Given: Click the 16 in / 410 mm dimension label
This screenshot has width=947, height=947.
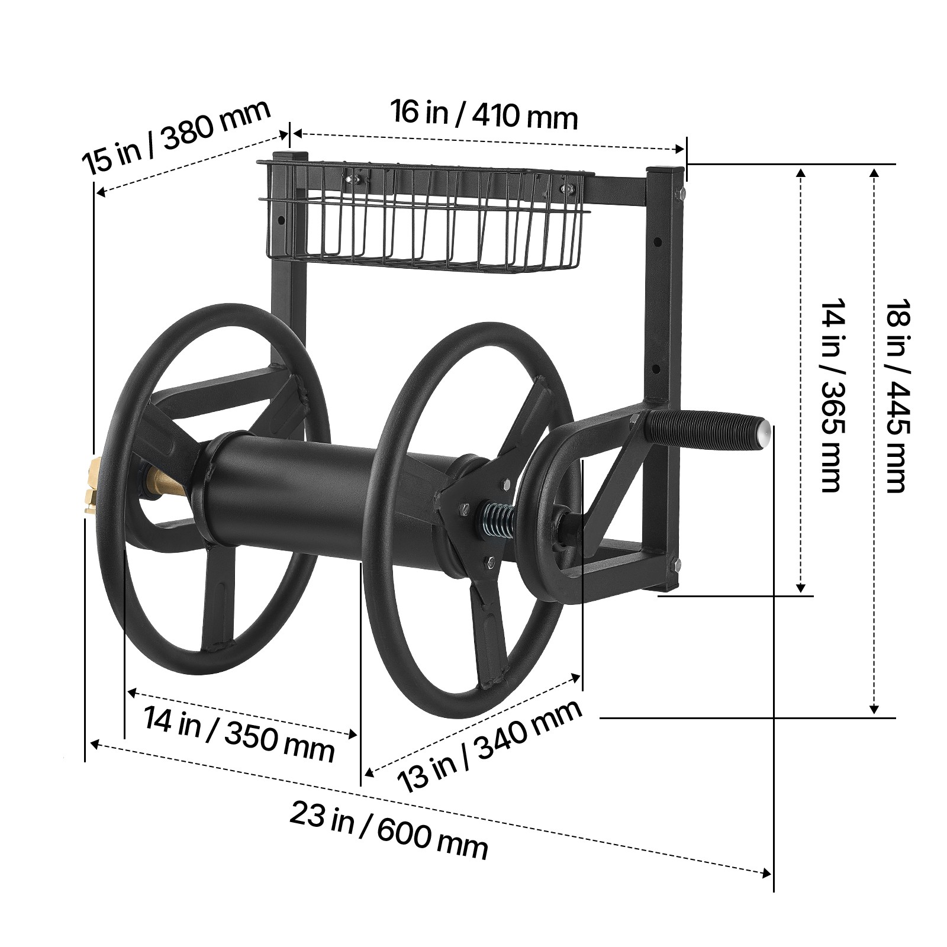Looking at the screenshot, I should pyautogui.click(x=484, y=115).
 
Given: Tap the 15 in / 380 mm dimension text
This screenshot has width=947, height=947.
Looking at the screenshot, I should pyautogui.click(x=176, y=136).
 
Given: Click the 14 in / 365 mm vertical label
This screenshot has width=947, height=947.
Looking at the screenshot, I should pyautogui.click(x=831, y=395).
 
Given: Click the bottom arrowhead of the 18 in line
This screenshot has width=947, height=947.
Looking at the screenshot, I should pyautogui.click(x=874, y=708).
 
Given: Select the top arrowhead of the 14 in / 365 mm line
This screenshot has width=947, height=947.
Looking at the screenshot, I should pyautogui.click(x=801, y=173).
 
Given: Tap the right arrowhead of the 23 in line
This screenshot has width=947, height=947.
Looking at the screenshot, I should pyautogui.click(x=767, y=873).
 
